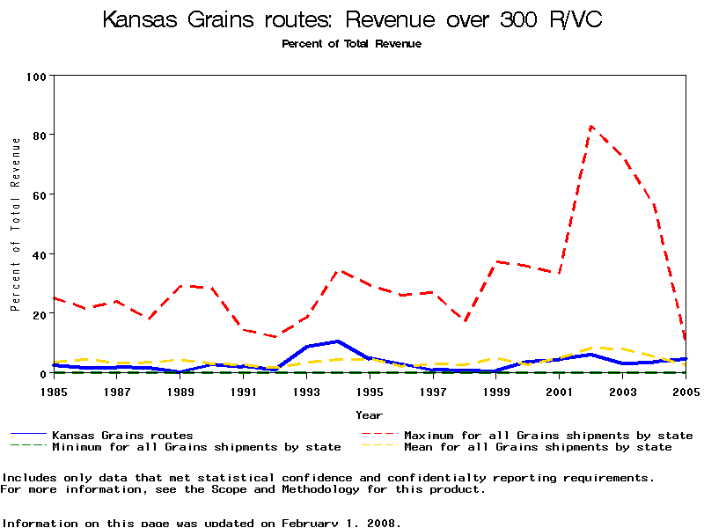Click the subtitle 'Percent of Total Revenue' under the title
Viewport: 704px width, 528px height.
click(x=351, y=44)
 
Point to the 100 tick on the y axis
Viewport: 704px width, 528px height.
click(x=36, y=77)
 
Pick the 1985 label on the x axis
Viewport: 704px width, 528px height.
click(x=54, y=391)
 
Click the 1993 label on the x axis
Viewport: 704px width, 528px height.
click(x=306, y=391)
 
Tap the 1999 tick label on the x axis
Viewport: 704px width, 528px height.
click(x=496, y=391)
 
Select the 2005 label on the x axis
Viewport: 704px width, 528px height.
click(x=686, y=391)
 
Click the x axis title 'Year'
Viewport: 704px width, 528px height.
click(x=369, y=414)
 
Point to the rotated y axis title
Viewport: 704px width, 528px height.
click(x=15, y=224)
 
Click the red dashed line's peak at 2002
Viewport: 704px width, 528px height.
click(x=591, y=126)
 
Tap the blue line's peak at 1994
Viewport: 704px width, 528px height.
click(x=338, y=341)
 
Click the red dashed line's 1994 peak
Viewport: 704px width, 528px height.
click(x=338, y=271)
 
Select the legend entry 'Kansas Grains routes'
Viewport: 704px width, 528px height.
click(x=122, y=435)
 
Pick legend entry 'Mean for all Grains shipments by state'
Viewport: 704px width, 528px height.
click(x=537, y=447)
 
